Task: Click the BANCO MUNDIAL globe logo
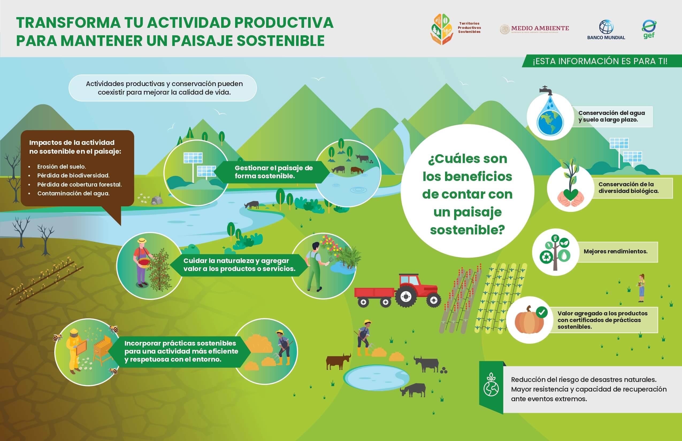pyautogui.click(x=606, y=27)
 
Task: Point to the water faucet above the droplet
pyautogui.click(x=546, y=90)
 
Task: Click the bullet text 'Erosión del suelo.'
pyautogui.click(x=61, y=167)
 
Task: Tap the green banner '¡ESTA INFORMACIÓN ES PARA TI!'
pyautogui.click(x=602, y=61)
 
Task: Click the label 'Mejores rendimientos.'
pyautogui.click(x=615, y=252)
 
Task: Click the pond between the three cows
pyautogui.click(x=377, y=377)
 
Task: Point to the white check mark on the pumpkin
pyautogui.click(x=541, y=312)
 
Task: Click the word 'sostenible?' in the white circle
pyautogui.click(x=468, y=230)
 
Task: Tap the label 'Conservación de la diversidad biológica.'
pyautogui.click(x=629, y=188)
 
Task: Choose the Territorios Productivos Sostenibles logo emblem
pyautogui.click(x=442, y=29)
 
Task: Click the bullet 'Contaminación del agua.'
pyautogui.click(x=73, y=193)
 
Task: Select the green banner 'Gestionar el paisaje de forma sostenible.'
pyautogui.click(x=272, y=172)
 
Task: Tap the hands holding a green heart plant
pyautogui.click(x=570, y=198)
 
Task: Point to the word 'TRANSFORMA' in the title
pyautogui.click(x=68, y=23)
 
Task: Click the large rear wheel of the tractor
pyautogui.click(x=406, y=297)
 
